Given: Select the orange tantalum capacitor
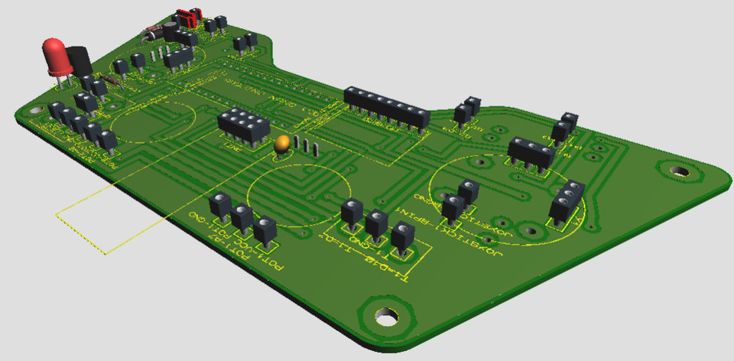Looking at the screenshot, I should (x=282, y=143).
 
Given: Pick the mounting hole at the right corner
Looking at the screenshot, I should (x=675, y=169).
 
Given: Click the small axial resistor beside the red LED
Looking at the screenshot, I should (x=115, y=80).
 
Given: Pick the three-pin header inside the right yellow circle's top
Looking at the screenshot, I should (x=531, y=151).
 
